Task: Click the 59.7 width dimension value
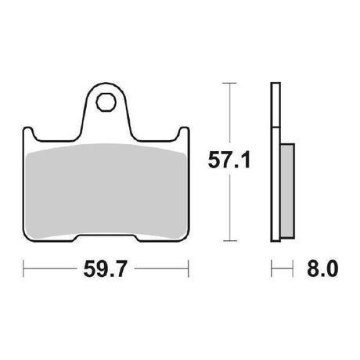click(105, 269)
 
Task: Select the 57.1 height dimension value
click(229, 160)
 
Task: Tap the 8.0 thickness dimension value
click(322, 268)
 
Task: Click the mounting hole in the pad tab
click(106, 103)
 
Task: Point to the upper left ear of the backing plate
click(28, 133)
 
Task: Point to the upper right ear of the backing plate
click(184, 133)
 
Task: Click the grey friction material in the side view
click(288, 191)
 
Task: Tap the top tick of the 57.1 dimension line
click(229, 83)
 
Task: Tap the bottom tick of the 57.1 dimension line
click(230, 241)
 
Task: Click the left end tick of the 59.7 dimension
click(23, 268)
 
